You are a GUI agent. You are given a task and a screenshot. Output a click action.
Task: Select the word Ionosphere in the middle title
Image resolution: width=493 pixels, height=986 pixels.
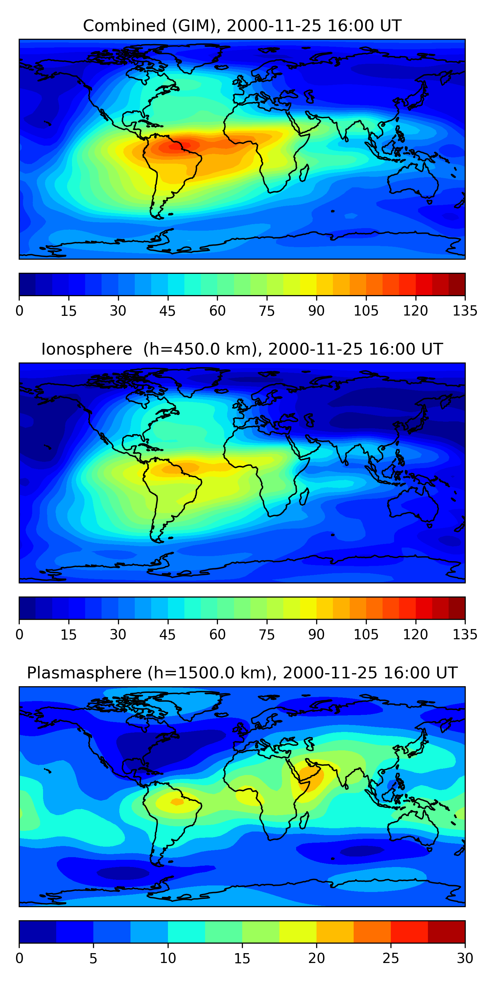point(86,349)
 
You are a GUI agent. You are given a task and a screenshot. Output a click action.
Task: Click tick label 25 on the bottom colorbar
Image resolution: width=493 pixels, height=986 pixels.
point(390,958)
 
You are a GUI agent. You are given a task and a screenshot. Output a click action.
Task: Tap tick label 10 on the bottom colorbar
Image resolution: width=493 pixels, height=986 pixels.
point(168,958)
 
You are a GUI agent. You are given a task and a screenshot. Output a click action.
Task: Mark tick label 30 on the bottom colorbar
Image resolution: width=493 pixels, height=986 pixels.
point(465,958)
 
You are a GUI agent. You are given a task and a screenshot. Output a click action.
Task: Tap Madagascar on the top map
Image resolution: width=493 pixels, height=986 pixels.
point(304,173)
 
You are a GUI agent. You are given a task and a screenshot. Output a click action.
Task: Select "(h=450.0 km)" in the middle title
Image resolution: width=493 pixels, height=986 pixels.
point(200,349)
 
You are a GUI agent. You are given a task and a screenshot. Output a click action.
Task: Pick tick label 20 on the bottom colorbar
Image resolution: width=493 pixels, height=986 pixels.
point(316,958)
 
